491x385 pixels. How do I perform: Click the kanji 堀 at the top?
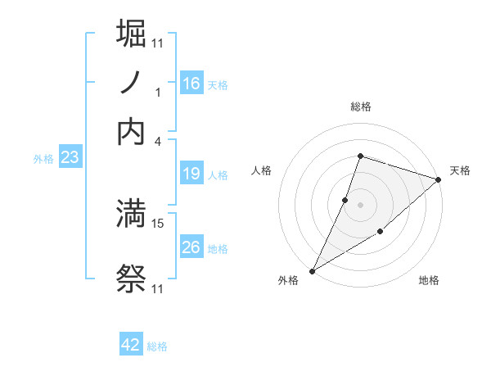tap(132, 34)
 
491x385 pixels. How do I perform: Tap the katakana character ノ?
tap(132, 83)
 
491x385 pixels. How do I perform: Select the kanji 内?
tap(132, 133)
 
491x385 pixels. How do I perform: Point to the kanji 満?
tap(132, 215)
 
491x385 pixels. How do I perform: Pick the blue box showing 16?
tap(191, 84)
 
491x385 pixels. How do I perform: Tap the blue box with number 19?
tap(191, 174)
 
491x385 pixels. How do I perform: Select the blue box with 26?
tap(191, 247)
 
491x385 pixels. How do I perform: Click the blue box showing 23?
tap(70, 158)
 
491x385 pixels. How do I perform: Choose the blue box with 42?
tap(131, 345)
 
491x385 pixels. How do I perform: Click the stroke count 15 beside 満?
tap(158, 222)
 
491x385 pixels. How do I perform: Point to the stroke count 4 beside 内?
tap(158, 140)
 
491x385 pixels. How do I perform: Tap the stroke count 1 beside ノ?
tap(158, 92)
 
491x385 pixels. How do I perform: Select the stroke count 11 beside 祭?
tap(158, 288)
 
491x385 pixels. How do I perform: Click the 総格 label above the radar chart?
tap(360, 106)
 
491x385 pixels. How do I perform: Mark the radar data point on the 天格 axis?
tap(439, 179)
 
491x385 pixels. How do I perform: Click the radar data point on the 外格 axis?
tap(312, 270)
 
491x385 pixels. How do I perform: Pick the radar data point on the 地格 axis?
tap(381, 233)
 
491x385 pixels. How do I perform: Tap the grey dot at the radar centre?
tap(360, 204)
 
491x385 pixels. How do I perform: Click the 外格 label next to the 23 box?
tap(43, 159)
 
